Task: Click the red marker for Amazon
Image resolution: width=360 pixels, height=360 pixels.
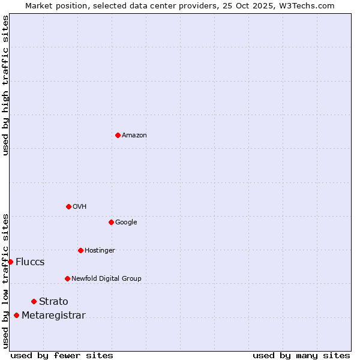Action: pos(118,135)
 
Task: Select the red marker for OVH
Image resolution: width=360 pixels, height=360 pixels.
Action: pos(68,206)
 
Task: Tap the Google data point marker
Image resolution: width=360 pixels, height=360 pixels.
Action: pos(111,222)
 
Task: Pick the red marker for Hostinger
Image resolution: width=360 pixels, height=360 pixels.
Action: pos(80,250)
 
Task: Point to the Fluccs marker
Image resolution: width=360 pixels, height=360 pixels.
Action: pos(10,262)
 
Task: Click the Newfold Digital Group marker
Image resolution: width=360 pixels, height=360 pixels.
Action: pos(67,278)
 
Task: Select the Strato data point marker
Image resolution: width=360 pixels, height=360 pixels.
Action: pos(34,301)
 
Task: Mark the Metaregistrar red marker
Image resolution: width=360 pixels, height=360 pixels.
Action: pos(16,315)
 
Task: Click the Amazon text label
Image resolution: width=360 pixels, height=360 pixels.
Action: pos(134,136)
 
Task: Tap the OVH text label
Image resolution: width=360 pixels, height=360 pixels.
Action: pos(80,207)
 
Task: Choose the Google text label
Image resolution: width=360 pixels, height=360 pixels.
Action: pos(126,223)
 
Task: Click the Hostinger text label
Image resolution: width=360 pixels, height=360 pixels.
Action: pos(100,251)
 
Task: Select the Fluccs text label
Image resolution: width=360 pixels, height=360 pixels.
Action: pos(30,262)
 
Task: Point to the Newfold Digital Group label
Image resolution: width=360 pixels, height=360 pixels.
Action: pos(106,279)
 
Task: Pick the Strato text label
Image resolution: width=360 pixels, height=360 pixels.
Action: pos(53,302)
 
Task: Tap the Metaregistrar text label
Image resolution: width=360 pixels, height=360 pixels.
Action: pos(53,316)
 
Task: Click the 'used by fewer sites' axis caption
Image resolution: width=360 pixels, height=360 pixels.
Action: pos(62,355)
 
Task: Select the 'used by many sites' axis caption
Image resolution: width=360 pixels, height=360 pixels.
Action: pos(301,355)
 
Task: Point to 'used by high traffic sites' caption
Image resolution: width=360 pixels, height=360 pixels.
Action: pos(5,85)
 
